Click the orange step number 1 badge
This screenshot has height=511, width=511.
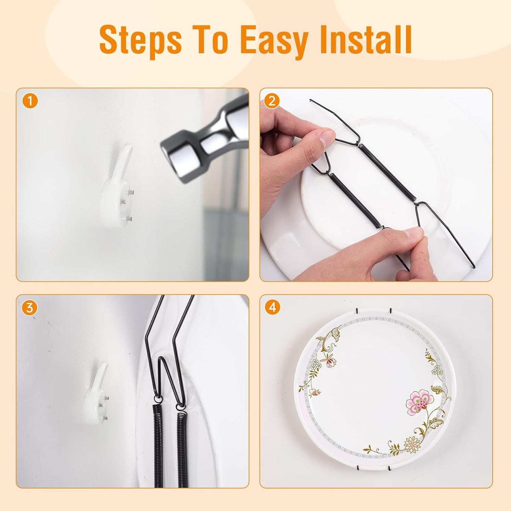[30, 101]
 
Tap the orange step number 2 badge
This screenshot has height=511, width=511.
[272, 101]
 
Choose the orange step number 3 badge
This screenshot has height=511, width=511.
[30, 308]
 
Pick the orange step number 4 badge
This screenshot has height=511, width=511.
[272, 308]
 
